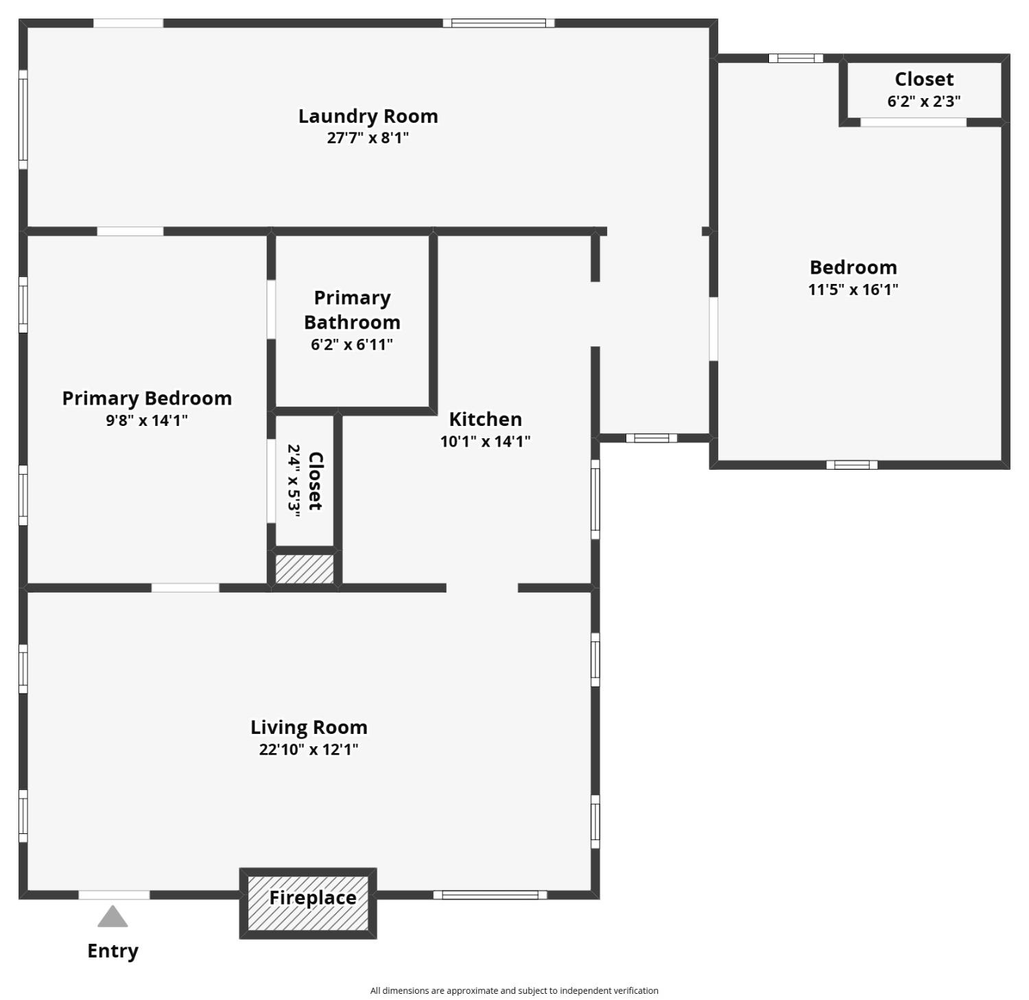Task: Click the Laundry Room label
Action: pos(368,116)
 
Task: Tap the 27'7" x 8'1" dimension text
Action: pos(368,138)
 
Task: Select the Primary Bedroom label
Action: pos(147,398)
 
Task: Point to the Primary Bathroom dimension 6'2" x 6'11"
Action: pos(352,344)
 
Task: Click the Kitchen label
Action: pos(485,419)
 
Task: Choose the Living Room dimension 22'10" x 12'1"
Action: pos(309,749)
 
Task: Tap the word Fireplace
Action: pos(312,898)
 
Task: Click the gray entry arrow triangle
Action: pos(113,917)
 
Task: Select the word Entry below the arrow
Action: pos(113,951)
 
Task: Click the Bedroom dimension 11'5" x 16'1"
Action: pos(853,289)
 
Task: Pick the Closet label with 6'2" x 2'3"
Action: pos(923,80)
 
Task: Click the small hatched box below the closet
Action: pos(305,569)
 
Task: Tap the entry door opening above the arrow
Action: pos(114,895)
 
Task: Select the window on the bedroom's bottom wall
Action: pos(851,465)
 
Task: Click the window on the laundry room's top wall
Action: pos(498,23)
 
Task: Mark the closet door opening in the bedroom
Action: pos(913,123)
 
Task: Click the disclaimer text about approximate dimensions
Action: pos(514,990)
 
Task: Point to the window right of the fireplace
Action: pos(490,895)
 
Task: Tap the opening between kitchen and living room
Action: pos(482,588)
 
